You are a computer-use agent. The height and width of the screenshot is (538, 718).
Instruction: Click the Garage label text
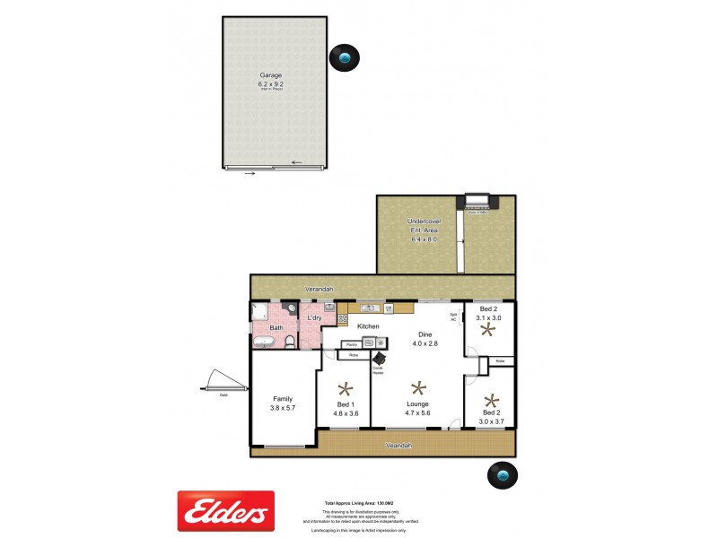270,75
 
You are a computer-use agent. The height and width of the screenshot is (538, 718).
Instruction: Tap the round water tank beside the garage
346,58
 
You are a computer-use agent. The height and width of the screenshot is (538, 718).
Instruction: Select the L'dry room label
315,318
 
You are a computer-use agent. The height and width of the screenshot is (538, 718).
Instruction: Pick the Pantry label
352,343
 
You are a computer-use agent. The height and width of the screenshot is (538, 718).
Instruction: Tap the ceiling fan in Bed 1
346,389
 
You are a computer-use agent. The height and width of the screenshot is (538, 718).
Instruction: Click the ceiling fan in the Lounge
417,387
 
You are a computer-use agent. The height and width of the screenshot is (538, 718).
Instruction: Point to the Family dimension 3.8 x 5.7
284,407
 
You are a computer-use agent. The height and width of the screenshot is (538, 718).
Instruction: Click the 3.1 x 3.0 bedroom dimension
489,317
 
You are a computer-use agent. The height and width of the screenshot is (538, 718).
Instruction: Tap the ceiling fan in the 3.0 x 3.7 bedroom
491,400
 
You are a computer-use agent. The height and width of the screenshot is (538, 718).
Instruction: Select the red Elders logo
225,510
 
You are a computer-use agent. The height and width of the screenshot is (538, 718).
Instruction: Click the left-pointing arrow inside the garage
295,162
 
